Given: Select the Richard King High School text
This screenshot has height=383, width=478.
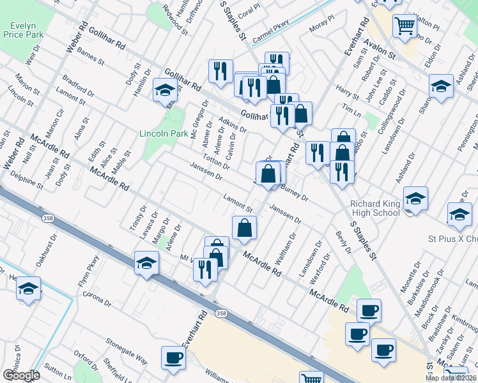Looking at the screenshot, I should click(x=375, y=208).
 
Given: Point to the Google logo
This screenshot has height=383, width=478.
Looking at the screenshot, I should click(x=20, y=375).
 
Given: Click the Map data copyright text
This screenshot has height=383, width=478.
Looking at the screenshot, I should click(x=451, y=378).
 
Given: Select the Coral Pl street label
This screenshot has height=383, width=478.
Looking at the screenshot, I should click(x=249, y=11).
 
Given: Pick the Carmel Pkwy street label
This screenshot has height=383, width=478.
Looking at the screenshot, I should click(x=270, y=30).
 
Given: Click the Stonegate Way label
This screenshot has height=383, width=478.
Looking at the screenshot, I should click(x=127, y=351).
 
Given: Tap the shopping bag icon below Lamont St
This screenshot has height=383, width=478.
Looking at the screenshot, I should click(x=244, y=227).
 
